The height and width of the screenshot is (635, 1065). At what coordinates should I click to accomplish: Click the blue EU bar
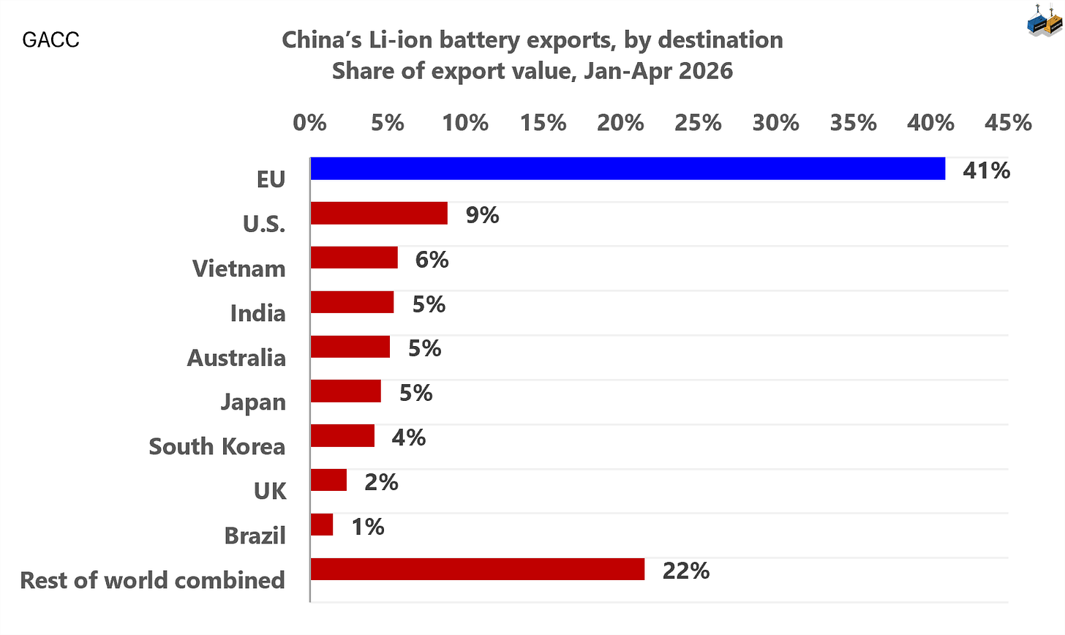click(x=628, y=168)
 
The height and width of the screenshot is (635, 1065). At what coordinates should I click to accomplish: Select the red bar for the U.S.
click(x=379, y=213)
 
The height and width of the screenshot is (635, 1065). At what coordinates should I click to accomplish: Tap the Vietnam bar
click(x=354, y=258)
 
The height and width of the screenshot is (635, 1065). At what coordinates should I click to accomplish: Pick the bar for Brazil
click(x=322, y=525)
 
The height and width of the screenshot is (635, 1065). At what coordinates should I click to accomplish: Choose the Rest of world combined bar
click(x=478, y=569)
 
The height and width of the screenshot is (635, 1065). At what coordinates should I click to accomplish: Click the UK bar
click(x=328, y=480)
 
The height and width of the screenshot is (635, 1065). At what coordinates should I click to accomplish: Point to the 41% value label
click(x=986, y=170)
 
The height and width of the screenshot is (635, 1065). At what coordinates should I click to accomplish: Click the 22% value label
click(x=685, y=571)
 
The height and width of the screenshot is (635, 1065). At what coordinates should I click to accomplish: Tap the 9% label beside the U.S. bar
click(x=482, y=215)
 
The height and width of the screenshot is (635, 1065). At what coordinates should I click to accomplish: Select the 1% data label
click(x=367, y=527)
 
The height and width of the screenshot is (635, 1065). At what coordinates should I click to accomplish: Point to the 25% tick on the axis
click(x=698, y=123)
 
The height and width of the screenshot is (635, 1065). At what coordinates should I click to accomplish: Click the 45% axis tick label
click(x=1008, y=123)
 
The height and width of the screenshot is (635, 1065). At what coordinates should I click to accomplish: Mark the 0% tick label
click(x=309, y=123)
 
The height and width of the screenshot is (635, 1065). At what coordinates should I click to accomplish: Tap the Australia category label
click(x=236, y=358)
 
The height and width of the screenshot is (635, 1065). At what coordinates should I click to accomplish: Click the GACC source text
click(x=50, y=40)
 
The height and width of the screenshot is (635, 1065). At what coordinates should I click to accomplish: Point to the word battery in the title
click(x=481, y=40)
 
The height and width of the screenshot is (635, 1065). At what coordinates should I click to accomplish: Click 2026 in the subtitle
click(x=706, y=71)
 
